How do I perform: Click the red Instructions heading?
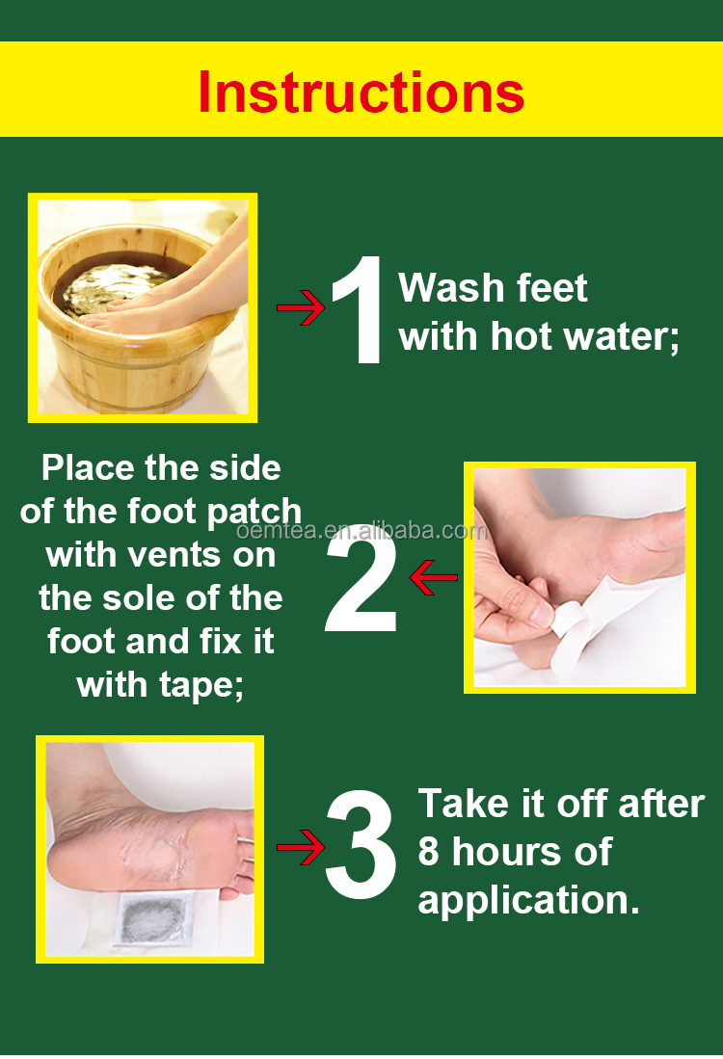pos(361,92)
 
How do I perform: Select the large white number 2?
pos(361,577)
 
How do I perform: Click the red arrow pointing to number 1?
pos(302,308)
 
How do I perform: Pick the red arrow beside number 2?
pos(434,578)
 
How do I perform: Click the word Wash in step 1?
pos(450,288)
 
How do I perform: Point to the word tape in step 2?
pos(201,686)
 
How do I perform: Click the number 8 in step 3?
pos(428,852)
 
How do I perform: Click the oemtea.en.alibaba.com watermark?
pos(361,531)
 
